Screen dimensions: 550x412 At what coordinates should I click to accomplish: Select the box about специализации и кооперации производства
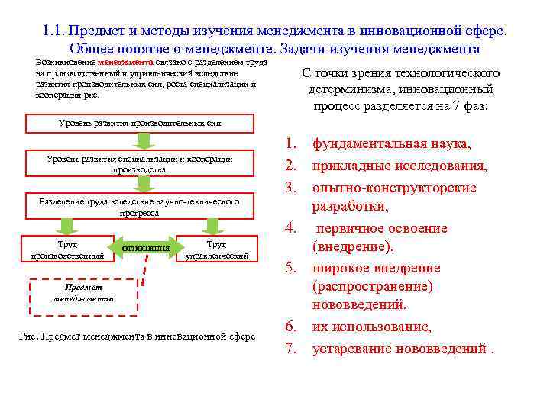[139, 163]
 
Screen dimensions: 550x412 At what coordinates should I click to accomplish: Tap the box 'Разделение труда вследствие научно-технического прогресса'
[139, 207]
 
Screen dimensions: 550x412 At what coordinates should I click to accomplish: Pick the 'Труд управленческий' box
[216, 249]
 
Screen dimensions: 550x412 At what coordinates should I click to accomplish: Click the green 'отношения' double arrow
[145, 249]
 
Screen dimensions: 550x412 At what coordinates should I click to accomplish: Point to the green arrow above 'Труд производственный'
[67, 227]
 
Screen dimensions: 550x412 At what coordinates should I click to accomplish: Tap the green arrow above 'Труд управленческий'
[213, 227]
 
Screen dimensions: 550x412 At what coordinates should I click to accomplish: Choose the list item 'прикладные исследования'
[400, 166]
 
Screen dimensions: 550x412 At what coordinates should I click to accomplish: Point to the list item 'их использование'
[370, 327]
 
